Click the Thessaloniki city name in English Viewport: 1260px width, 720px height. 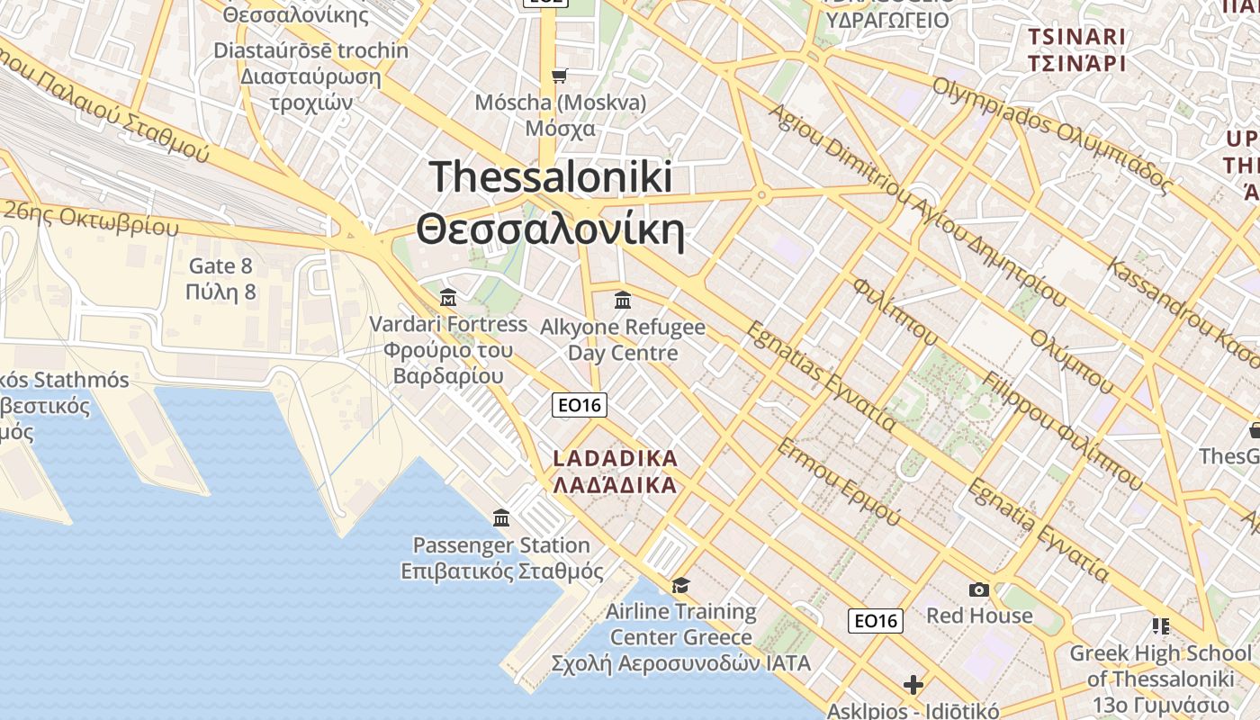pyautogui.click(x=551, y=176)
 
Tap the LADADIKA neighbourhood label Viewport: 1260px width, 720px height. pyautogui.click(x=615, y=458)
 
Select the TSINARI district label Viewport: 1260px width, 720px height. pyautogui.click(x=1076, y=37)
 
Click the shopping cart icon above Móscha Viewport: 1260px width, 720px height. pyautogui.click(x=560, y=76)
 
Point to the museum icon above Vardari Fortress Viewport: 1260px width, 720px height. pyautogui.click(x=447, y=297)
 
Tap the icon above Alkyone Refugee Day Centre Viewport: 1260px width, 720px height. pyautogui.click(x=622, y=300)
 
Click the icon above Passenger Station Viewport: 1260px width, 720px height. pyautogui.click(x=501, y=517)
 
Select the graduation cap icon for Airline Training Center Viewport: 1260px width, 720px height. pyautogui.click(x=680, y=585)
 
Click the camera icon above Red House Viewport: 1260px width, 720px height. pyautogui.click(x=979, y=589)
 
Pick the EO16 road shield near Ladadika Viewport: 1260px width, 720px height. pyautogui.click(x=580, y=405)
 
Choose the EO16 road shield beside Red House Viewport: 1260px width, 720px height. pyautogui.click(x=876, y=620)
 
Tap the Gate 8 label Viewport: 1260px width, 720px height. pyautogui.click(x=220, y=265)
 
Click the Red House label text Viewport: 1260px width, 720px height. pyautogui.click(x=979, y=616)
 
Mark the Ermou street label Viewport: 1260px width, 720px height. pyautogui.click(x=839, y=482)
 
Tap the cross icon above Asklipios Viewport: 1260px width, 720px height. pyautogui.click(x=913, y=685)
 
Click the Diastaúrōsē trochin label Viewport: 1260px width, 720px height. pyautogui.click(x=310, y=50)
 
